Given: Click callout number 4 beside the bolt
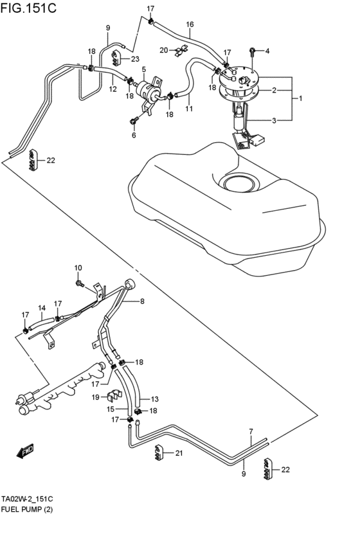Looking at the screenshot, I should (267, 51).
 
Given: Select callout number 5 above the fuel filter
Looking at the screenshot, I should (144, 69).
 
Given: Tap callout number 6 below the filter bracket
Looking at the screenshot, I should (134, 135).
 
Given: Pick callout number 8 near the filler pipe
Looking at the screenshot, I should (142, 301).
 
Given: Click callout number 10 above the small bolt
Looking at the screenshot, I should (78, 267).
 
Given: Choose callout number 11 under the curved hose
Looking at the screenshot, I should (189, 109).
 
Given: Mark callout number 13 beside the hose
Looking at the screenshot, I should (154, 399).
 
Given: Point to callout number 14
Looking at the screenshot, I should (42, 308).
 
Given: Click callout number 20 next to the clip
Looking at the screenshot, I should (164, 49).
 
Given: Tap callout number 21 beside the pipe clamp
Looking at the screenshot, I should (179, 453).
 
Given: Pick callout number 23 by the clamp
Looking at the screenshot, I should (134, 59).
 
